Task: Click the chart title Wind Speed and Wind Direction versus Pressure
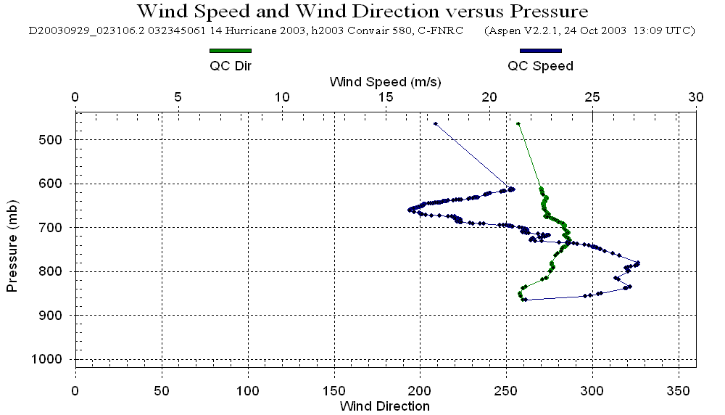click(x=362, y=12)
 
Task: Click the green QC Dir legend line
click(x=230, y=51)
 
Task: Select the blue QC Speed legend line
click(x=540, y=51)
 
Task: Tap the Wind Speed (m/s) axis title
click(x=385, y=81)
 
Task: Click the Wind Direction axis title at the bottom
click(x=384, y=406)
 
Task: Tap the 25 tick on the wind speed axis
click(x=593, y=97)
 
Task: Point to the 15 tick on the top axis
click(x=386, y=97)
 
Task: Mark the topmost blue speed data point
click(x=435, y=124)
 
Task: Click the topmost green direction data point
click(x=518, y=124)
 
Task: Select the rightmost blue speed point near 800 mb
click(x=638, y=263)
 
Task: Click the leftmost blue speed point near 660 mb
click(x=410, y=210)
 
